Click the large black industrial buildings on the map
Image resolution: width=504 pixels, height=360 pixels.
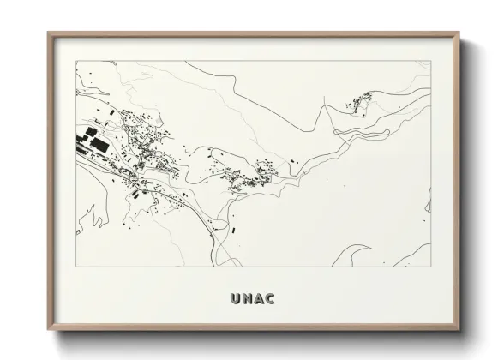tap(92, 140)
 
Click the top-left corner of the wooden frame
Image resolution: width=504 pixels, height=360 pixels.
tap(48, 33)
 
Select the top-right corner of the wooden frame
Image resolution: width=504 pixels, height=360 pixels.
tap(459, 33)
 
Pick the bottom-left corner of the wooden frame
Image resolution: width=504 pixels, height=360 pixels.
tap(48, 331)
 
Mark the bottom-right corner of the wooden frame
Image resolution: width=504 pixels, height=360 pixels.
tap(459, 331)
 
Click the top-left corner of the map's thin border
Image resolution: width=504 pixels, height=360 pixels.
tap(75, 61)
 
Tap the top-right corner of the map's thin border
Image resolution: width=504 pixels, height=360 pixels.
tap(431, 61)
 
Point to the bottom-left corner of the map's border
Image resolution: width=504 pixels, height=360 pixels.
tap(75, 267)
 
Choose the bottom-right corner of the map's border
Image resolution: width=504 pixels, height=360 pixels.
tap(431, 267)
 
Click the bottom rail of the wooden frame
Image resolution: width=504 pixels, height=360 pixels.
tap(253, 329)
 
